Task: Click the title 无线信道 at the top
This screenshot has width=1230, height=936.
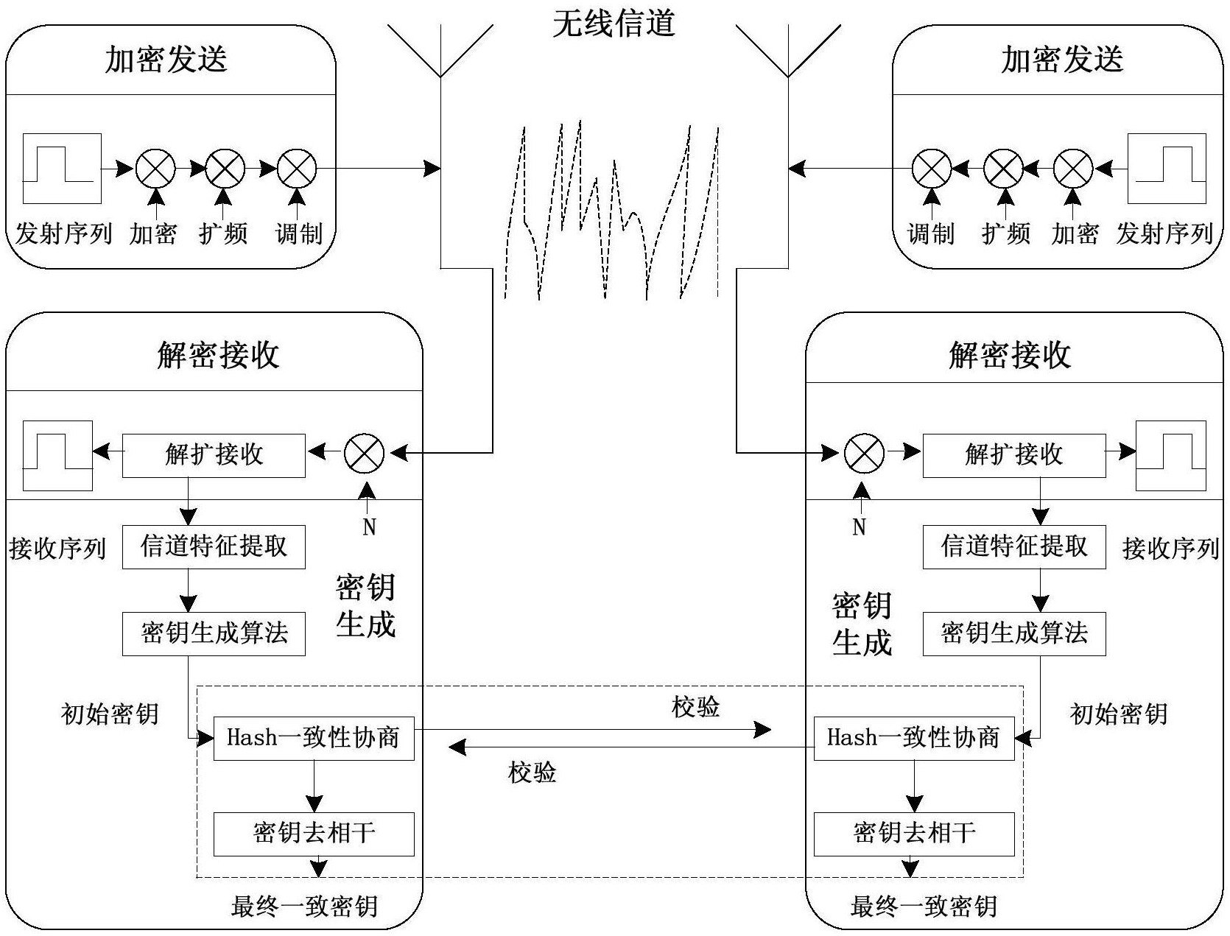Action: pos(614,23)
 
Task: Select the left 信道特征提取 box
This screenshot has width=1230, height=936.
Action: pos(214,546)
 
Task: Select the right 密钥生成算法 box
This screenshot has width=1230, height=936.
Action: pos(1014,633)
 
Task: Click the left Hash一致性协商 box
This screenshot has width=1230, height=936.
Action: pos(314,738)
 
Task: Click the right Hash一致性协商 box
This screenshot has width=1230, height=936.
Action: pos(914,738)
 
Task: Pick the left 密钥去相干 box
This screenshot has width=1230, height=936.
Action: pos(314,834)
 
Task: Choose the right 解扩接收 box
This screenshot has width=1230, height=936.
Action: pos(1014,455)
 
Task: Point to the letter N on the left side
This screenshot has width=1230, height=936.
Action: pos(370,527)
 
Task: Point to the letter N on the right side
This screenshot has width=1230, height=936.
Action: pos(859,527)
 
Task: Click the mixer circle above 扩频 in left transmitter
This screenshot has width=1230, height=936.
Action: pos(225,169)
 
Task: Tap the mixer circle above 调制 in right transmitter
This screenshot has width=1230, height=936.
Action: pos(932,169)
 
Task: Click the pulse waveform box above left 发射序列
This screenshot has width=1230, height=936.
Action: pos(62,168)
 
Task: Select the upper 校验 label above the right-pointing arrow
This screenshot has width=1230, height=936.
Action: pos(695,707)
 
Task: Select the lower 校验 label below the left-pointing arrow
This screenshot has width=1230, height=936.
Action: pos(532,773)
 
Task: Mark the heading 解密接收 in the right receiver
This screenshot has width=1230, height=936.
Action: pos(1009,355)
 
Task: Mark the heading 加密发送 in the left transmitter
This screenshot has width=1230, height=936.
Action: pos(166,60)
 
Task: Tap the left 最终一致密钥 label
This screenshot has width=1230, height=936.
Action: pos(304,906)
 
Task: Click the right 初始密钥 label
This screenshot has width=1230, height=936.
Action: pos(1118,714)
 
